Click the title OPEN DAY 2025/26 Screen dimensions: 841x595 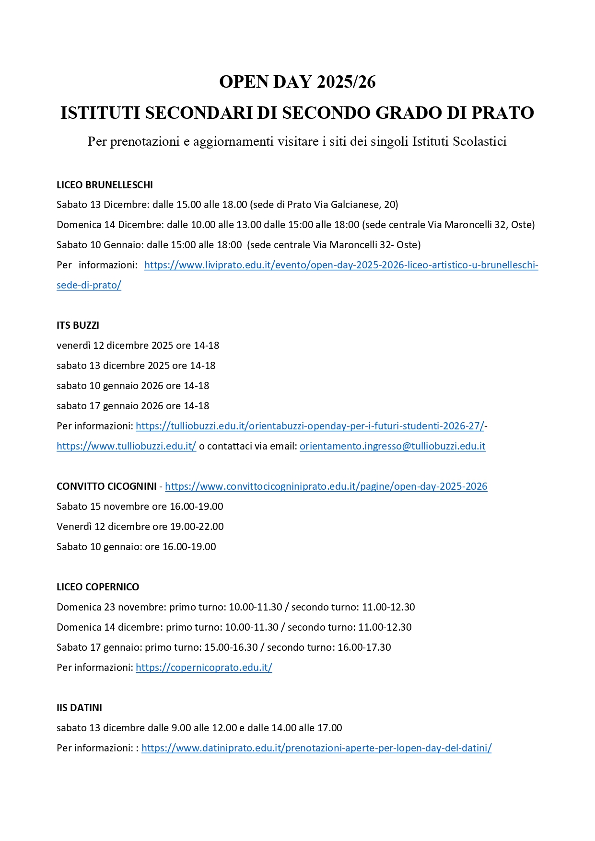(297, 82)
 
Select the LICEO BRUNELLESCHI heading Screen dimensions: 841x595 (105, 185)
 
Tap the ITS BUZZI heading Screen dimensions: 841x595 (78, 325)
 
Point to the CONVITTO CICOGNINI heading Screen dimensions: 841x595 (106, 486)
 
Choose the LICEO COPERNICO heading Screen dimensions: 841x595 (98, 587)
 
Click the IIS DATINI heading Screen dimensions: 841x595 (79, 708)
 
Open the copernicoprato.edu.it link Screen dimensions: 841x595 (204, 668)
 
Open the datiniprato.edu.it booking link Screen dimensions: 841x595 (316, 748)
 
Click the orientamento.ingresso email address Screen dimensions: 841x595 (392, 446)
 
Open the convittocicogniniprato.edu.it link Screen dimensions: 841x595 (326, 486)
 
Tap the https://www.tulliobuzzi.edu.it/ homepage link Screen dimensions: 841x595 (126, 446)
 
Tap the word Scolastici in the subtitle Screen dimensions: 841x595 (479, 141)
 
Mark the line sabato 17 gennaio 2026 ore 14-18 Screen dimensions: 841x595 (133, 406)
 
